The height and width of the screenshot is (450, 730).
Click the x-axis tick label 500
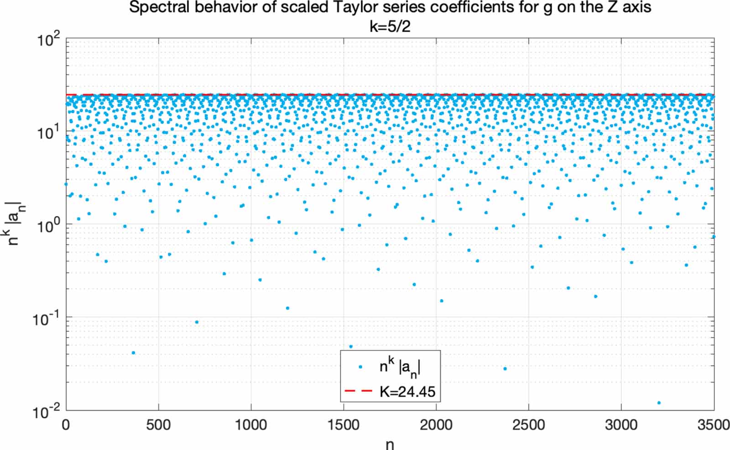[x=158, y=425]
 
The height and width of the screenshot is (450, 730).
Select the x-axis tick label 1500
[x=343, y=425]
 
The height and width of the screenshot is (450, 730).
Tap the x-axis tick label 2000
[x=436, y=425]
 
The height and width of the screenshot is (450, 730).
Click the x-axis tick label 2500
[x=528, y=425]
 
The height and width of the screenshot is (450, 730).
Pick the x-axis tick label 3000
[x=621, y=425]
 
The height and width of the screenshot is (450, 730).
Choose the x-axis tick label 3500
[x=713, y=425]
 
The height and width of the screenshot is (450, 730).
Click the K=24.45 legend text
[x=407, y=391]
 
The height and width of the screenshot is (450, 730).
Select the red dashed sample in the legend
[x=359, y=391]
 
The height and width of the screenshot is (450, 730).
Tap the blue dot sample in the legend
[x=360, y=367]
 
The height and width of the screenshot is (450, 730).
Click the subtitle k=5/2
[x=390, y=26]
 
